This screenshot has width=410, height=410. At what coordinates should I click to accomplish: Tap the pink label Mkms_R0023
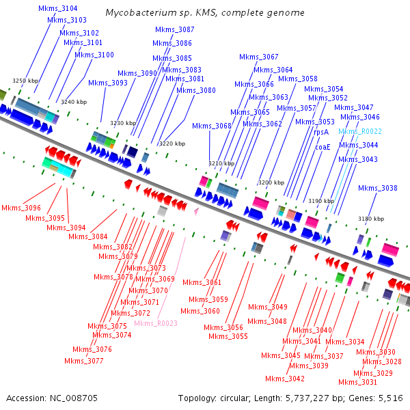[156, 324]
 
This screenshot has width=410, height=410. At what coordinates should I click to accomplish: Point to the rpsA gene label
[321, 132]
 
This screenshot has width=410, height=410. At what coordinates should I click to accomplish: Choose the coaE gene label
[323, 146]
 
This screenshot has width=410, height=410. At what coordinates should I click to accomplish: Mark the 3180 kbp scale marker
[371, 219]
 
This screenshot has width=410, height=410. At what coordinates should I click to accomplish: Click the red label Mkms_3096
[20, 208]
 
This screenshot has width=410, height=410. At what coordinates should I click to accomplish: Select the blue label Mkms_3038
[377, 188]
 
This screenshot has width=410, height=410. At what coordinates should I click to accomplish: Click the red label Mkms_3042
[285, 379]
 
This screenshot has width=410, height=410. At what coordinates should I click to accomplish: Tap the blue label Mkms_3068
[212, 126]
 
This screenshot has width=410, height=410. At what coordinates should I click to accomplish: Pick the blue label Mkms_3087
[175, 30]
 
